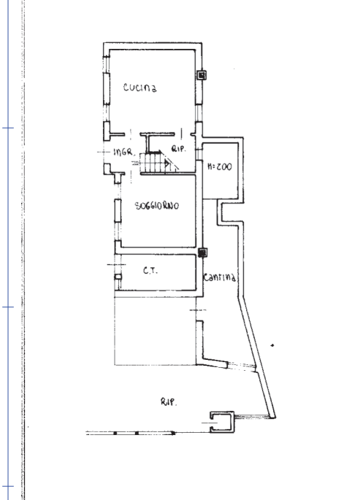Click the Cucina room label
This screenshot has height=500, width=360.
tap(140, 87)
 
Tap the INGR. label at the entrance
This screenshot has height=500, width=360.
tap(123, 152)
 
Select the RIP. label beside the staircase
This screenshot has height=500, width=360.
tap(179, 149)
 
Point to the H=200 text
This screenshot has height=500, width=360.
tap(220, 166)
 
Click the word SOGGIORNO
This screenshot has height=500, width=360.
tap(157, 206)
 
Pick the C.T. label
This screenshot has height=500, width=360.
tap(150, 271)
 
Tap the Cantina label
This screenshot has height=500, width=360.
tap(220, 277)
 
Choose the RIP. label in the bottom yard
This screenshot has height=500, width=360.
tap(168, 401)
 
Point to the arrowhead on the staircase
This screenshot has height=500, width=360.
tap(166, 164)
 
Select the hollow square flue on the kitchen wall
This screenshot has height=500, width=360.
tap(202, 75)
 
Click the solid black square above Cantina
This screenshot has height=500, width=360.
tap(202, 253)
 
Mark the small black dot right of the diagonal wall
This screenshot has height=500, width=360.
tap(272, 345)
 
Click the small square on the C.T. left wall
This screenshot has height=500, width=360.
tap(118, 277)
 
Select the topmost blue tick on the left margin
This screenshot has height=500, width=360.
tap(8, 128)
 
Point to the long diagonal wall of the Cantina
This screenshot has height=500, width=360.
tap(257, 356)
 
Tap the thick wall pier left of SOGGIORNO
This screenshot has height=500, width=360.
tap(118, 210)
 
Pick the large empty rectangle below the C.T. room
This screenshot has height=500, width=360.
tap(156, 331)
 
